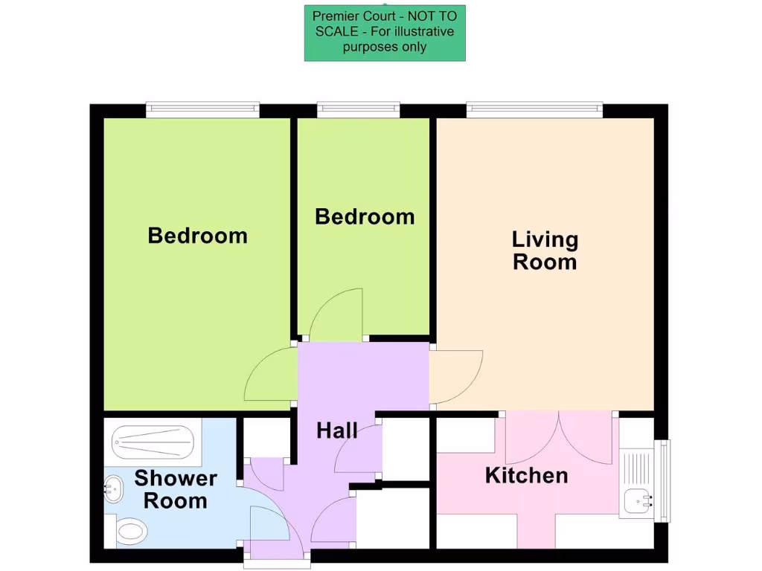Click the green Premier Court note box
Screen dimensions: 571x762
coord(385,33)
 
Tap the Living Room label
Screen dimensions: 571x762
coord(545,251)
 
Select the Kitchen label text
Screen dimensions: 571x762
coord(526,475)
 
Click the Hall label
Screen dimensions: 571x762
coord(337,430)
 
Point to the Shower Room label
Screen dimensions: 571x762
coord(176,489)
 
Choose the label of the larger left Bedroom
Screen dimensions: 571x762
coord(197,236)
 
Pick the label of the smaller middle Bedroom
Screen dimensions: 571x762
coord(365,216)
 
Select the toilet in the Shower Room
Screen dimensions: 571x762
coord(132,532)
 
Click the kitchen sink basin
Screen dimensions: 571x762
coord(636,503)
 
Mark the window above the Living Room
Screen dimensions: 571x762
coord(535,110)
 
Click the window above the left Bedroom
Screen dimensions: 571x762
coord(202,110)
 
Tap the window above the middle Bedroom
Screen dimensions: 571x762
coord(358,110)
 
